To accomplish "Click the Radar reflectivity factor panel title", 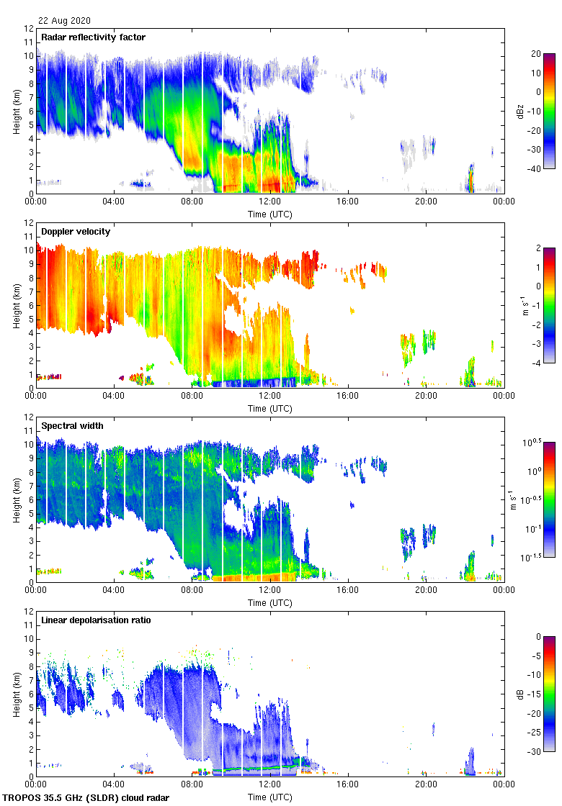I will tap(94, 37).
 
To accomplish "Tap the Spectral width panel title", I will tap(72, 426).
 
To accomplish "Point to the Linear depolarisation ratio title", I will tap(96, 620).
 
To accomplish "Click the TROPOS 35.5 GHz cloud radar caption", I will tap(87, 798).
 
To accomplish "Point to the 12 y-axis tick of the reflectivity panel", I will tap(29, 29).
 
